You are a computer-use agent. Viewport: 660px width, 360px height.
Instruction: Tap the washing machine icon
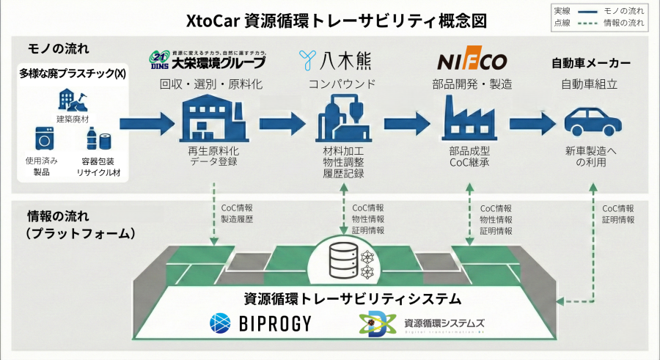coord(46,138)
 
